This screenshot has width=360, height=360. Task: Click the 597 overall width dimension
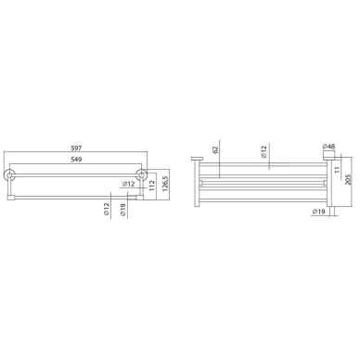tap(76, 148)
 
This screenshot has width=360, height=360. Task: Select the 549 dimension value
tap(76, 160)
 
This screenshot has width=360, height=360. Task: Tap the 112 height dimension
tap(151, 186)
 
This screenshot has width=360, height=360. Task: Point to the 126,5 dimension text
tap(165, 184)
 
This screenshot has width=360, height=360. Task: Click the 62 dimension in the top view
tap(216, 149)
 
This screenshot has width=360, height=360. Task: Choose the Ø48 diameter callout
tap(328, 147)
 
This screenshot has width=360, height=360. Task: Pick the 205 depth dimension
tap(349, 180)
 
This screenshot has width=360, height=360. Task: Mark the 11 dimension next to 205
tap(338, 170)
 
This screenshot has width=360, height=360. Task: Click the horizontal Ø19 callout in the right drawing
tap(318, 212)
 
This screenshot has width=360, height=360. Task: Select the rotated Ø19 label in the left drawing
tap(122, 210)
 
